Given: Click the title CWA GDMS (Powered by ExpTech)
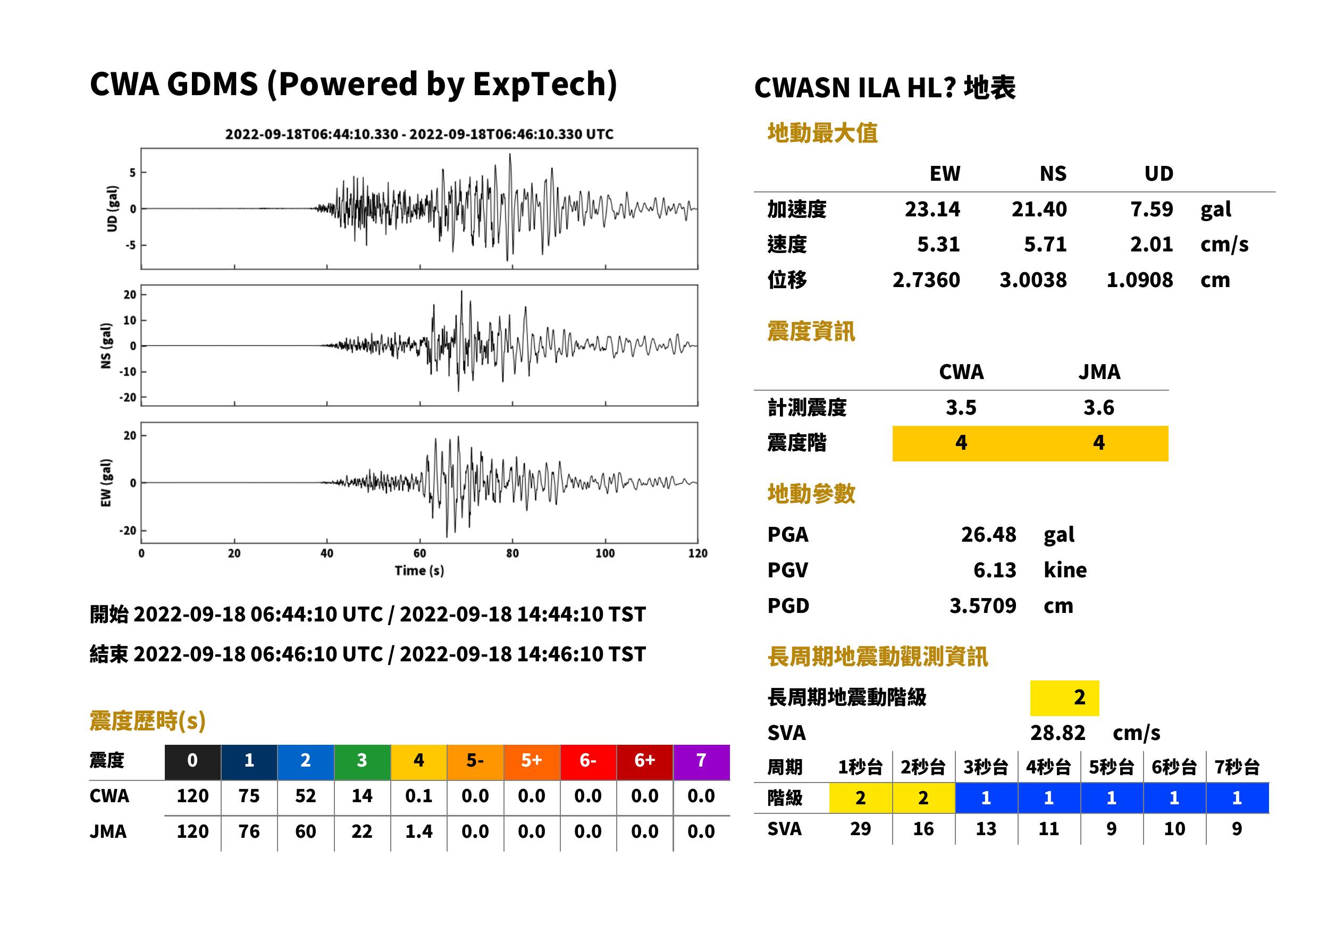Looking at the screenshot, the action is click(x=353, y=85).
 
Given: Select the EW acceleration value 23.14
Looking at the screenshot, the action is click(x=932, y=209).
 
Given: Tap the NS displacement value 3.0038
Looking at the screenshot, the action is click(x=1032, y=280).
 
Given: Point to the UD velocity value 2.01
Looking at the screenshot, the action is click(x=1152, y=245).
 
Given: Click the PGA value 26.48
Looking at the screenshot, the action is click(x=988, y=534).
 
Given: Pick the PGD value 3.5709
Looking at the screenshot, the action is click(x=982, y=605).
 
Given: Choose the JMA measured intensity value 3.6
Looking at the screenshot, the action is click(x=1098, y=408).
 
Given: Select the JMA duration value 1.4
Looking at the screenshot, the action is click(x=418, y=832).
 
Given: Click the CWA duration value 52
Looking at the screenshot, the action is click(x=306, y=796).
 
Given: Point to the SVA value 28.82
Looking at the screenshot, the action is click(x=1057, y=733).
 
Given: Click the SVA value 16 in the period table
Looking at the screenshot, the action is click(x=923, y=829).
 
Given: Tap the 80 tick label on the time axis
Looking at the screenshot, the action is click(x=512, y=553).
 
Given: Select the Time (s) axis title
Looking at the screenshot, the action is click(x=419, y=571).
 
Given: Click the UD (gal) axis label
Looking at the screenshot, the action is click(x=113, y=209).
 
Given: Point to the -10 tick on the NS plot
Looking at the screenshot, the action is click(x=128, y=372).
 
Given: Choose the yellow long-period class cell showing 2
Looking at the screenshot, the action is click(x=1064, y=698).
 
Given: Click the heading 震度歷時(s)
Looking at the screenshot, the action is click(x=148, y=721).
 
